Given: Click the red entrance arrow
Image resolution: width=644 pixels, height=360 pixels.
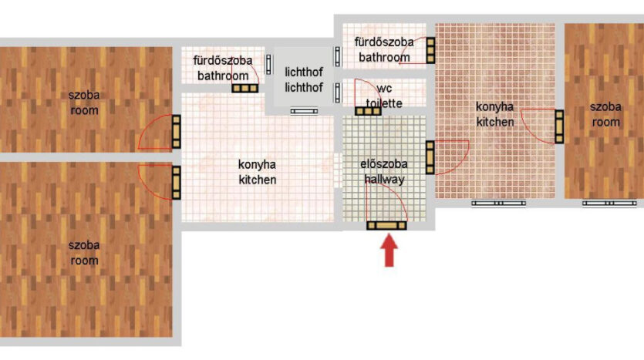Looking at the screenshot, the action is pos(389,250).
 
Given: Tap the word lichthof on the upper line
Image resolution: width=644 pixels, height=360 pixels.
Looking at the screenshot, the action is pos(304,72).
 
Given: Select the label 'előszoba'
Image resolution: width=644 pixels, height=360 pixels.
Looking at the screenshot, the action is pos(384,164).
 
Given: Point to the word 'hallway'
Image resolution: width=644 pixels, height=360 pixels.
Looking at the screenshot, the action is pos(384,179).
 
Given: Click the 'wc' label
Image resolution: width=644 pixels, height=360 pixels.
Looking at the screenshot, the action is pos(384,88).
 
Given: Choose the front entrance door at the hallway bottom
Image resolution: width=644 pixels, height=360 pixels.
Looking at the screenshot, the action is pos(386,225).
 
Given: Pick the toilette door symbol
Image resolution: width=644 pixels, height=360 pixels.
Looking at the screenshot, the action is pos(368,111).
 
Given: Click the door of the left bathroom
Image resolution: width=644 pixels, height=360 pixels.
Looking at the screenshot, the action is pos(244,88).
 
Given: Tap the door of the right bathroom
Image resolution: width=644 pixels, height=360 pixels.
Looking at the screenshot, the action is pos(430,50).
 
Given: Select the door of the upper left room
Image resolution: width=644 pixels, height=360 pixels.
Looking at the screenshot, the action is pos(176,131).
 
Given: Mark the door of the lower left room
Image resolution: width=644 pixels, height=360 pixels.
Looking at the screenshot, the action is pos(176,183).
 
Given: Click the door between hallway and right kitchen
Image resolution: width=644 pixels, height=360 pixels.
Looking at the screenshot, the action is pos(430,157).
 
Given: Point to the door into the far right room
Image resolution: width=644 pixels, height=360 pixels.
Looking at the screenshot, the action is pos(559,126).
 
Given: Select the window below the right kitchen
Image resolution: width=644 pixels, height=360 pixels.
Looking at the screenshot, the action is pos(498,204).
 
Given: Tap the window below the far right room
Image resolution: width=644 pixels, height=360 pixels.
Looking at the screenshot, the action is pos(609,204).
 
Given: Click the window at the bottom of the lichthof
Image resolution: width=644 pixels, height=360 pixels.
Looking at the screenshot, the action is pos(304,111).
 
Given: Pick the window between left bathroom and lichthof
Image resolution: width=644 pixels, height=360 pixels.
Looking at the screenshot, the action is pos(268,65).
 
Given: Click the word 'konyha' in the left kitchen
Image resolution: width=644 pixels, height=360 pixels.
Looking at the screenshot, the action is pos(257,165).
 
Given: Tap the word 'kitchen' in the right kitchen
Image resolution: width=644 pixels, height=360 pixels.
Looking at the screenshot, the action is pos(495,122).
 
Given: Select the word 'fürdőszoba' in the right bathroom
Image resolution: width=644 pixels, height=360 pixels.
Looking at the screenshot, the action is pos(384,42).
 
